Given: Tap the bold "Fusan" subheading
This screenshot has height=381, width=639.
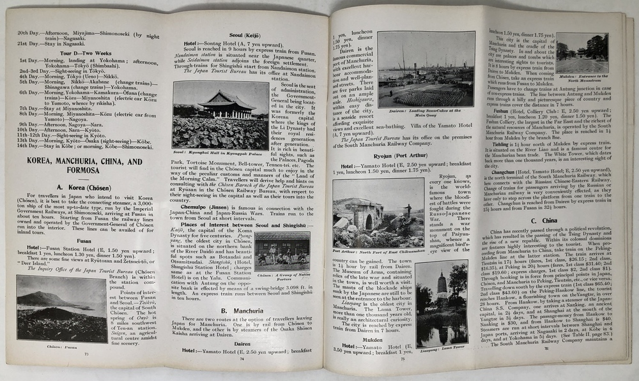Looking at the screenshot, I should point(84,241).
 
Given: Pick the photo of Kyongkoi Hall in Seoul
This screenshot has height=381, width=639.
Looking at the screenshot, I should point(220,115).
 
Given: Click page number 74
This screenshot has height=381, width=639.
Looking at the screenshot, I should point(242,358).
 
